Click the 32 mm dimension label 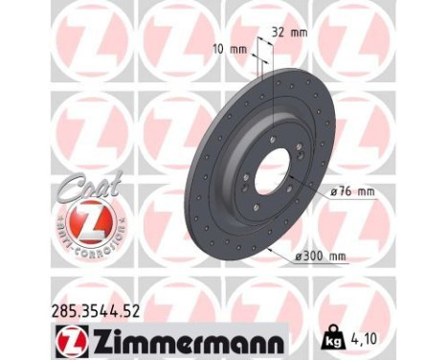pos(289,31)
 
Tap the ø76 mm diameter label pos(351,191)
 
